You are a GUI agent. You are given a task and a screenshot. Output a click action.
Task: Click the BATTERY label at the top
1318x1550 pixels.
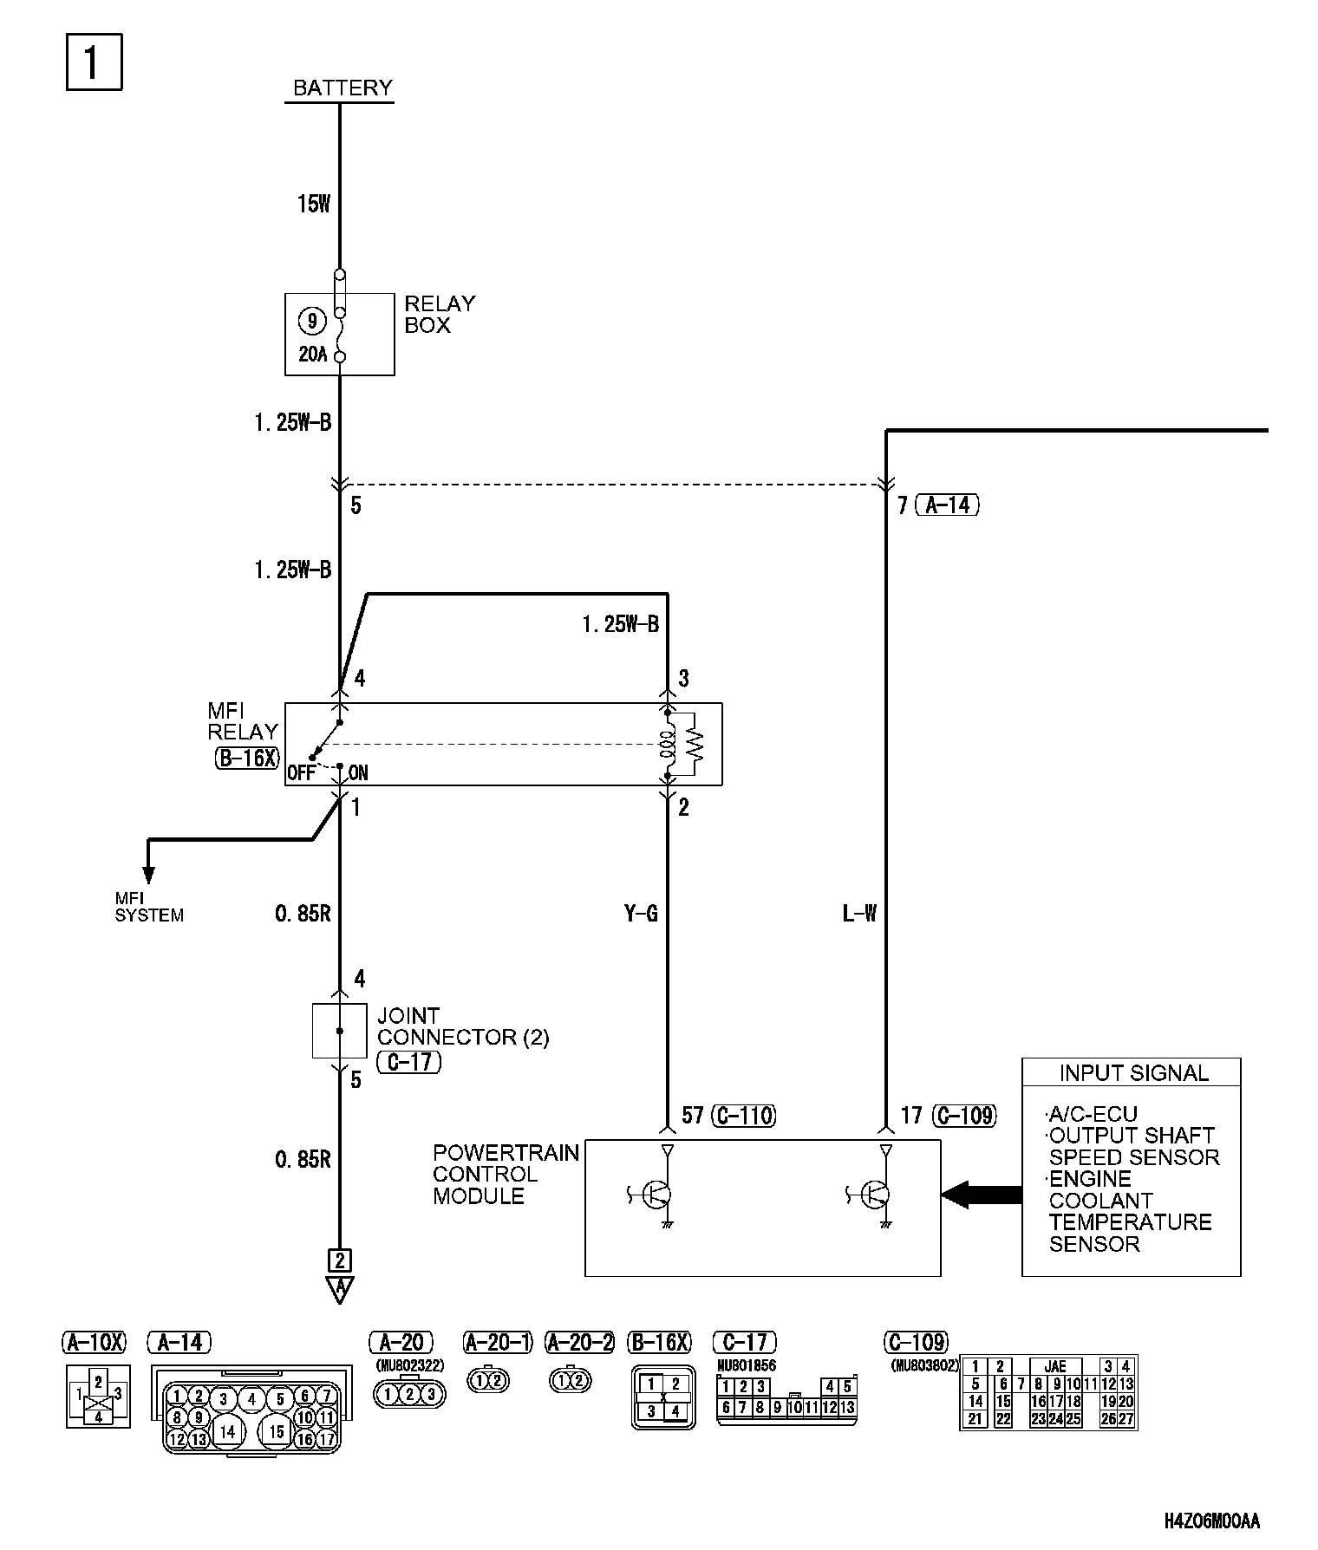[x=343, y=88]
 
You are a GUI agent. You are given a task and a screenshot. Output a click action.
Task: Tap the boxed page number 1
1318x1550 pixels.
[x=94, y=62]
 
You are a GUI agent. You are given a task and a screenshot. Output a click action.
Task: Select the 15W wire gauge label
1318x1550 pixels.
[x=313, y=204]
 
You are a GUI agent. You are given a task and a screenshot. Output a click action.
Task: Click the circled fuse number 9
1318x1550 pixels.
[x=311, y=322]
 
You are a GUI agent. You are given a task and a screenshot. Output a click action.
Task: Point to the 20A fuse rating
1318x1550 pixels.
[x=312, y=354]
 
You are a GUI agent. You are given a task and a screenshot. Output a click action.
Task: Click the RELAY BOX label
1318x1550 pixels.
[x=440, y=314]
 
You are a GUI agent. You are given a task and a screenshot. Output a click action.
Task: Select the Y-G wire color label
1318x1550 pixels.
[x=641, y=913]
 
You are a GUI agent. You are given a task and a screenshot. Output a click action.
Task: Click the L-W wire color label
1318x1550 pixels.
[x=859, y=913]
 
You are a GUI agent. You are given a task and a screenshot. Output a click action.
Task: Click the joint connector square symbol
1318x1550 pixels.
[x=339, y=1031]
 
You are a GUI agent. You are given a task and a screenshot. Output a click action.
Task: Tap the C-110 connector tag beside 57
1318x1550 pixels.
[x=744, y=1115]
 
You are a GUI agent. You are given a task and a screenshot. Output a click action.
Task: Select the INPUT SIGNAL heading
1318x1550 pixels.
[x=1133, y=1073]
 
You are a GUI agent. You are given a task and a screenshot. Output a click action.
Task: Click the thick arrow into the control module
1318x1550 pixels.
[x=982, y=1195]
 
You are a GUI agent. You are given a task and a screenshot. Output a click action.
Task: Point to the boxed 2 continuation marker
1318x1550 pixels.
[x=339, y=1260]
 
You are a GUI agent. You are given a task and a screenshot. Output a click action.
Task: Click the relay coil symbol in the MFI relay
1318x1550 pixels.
[x=668, y=745]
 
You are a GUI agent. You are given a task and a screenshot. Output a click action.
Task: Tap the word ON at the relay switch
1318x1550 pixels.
[x=358, y=772]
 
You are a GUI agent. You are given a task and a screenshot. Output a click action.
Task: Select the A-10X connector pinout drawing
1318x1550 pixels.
[x=98, y=1396]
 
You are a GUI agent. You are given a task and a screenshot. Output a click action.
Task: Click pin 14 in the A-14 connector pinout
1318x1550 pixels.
[x=227, y=1431]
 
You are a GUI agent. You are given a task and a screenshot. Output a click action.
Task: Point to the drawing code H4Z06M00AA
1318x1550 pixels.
[x=1212, y=1521]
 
